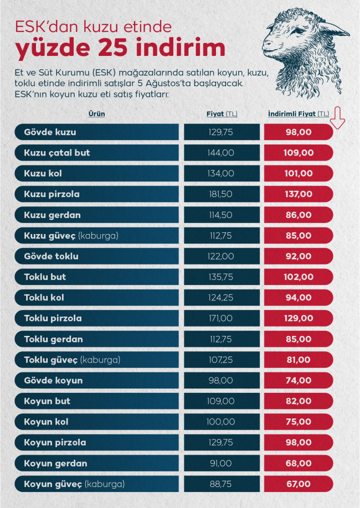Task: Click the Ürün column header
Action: pos(96,113)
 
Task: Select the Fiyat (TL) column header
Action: pos(222,114)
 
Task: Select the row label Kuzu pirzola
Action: pos(52,194)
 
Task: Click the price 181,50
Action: pos(222,194)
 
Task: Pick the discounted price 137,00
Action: pos(298,194)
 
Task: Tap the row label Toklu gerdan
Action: pos(53,339)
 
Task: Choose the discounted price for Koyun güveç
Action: pos(298,484)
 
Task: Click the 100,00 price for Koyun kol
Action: pos(222,422)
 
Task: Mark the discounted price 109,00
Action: pos(298,153)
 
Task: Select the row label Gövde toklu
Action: pos(51,256)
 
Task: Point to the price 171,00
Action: pos(222,319)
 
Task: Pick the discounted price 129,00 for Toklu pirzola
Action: pos(298,319)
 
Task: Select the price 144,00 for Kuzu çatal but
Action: pos(222,153)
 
